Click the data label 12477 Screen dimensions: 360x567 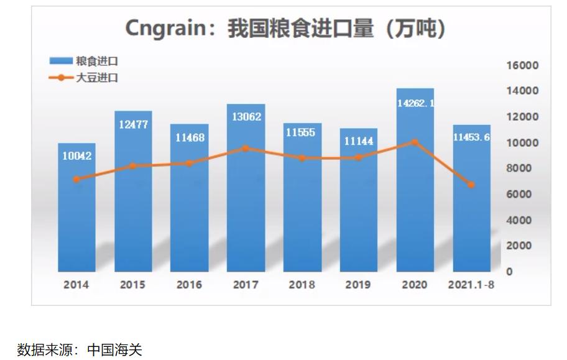133,124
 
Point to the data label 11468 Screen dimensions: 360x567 190,137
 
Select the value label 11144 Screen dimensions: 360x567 359,142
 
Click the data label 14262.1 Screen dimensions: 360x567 415,103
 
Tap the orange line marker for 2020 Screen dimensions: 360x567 415,142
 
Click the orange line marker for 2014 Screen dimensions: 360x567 76,179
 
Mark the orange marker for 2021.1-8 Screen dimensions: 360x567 471,185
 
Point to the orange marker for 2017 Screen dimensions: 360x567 246,149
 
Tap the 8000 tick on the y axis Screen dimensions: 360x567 523,168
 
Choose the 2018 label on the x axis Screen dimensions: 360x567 302,285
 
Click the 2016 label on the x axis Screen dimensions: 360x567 189,285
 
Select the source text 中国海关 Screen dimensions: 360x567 114,349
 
